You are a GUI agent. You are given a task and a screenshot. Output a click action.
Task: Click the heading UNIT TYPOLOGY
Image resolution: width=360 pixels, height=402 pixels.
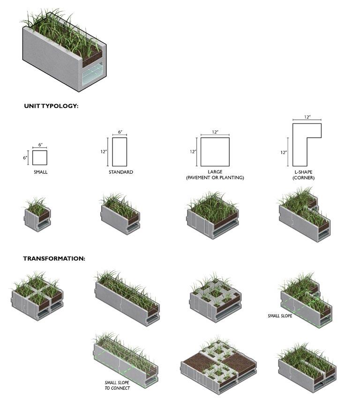(51, 106)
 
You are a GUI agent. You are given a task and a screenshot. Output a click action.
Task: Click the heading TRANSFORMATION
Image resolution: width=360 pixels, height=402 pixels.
(54, 258)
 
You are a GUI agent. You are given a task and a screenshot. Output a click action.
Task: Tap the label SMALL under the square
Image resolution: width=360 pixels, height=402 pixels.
(40, 172)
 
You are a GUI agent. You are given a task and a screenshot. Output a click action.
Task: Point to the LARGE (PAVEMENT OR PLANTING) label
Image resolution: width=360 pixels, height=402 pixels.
(215, 175)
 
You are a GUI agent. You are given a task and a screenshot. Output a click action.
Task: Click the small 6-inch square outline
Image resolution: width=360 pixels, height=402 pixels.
(40, 158)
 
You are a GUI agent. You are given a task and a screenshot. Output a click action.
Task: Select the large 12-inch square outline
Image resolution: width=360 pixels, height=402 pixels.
(215, 152)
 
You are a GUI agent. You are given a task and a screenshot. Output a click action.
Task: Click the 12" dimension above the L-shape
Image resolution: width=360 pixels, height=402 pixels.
(307, 117)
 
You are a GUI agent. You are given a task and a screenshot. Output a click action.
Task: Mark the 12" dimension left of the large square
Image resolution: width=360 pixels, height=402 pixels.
(193, 152)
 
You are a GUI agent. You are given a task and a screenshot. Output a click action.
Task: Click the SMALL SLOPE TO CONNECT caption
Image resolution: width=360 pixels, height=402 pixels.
(117, 385)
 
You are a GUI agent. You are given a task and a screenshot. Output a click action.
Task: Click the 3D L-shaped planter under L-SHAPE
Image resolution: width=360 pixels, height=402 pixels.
(304, 214)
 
